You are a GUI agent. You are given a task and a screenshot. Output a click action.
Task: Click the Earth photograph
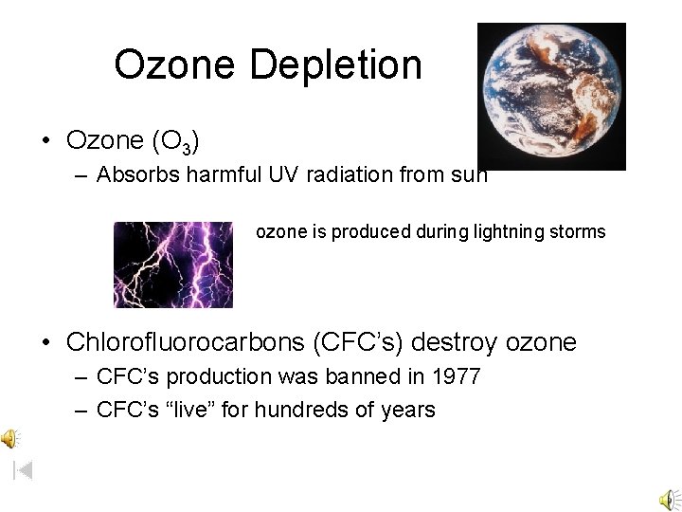pyautogui.click(x=551, y=97)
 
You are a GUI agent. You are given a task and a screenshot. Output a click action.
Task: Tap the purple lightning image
pyautogui.click(x=173, y=265)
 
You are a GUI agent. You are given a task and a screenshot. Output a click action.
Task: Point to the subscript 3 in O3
pyautogui.click(x=189, y=148)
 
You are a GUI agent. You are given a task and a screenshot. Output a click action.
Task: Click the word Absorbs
pyautogui.click(x=132, y=174)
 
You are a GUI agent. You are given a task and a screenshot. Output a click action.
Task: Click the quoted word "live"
pyautogui.click(x=195, y=410)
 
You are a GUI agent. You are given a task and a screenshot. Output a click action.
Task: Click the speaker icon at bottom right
pyautogui.click(x=669, y=499)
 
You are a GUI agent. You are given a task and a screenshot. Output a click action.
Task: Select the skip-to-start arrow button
pyautogui.click(x=24, y=468)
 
